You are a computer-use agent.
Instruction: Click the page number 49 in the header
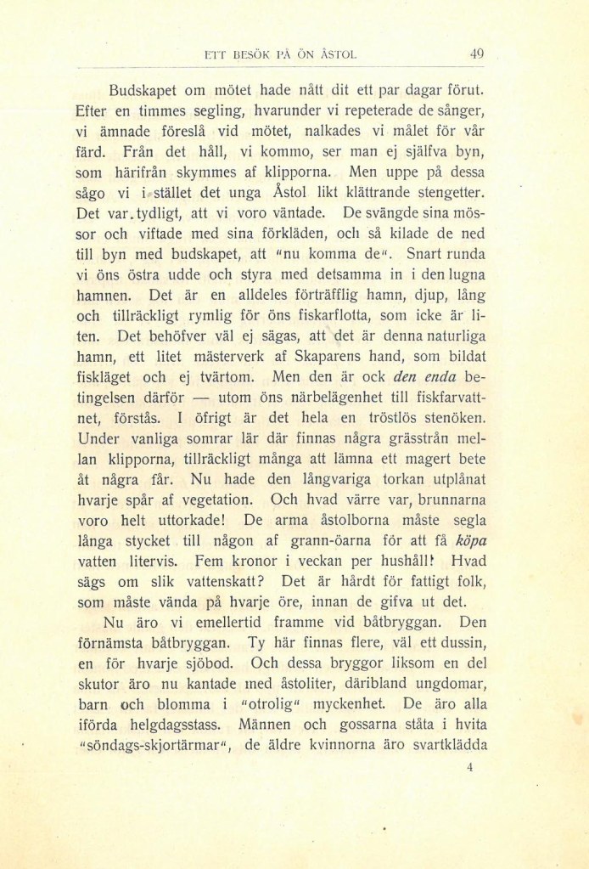[x=476, y=54]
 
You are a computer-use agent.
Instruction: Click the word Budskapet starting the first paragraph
[x=145, y=89]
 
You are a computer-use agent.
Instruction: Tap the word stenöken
[x=446, y=417]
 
